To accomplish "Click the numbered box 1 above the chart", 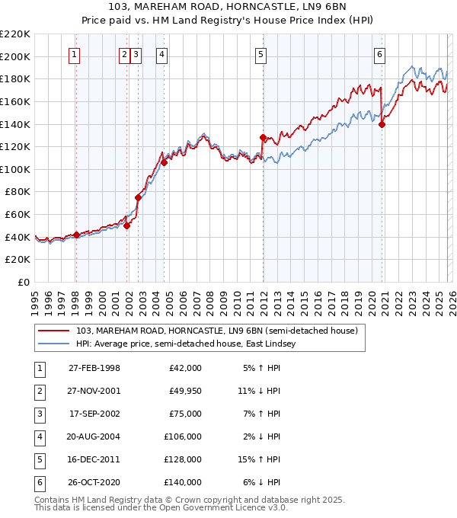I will (75, 54).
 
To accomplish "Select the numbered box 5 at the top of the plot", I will (261, 54).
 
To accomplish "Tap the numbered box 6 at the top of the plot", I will (379, 54).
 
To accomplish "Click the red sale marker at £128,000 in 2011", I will (263, 138).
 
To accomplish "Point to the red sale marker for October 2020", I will (382, 125).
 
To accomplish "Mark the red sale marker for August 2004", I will (164, 162).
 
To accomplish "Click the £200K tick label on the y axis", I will (15, 56).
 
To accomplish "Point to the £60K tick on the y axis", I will (18, 215).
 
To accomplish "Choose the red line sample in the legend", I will (55, 331).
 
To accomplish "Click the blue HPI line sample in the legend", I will (55, 344).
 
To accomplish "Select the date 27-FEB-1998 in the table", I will (94, 368).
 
